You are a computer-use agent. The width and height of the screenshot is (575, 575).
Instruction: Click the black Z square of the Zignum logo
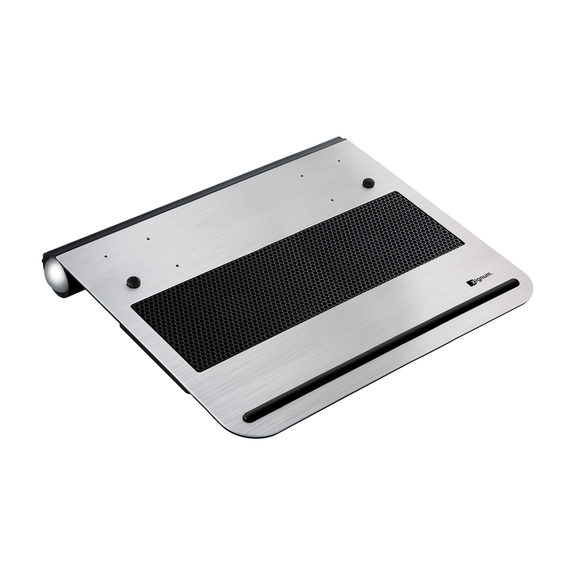pos(469,283)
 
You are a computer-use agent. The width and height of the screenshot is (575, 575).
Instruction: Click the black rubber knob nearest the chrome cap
pos(133,282)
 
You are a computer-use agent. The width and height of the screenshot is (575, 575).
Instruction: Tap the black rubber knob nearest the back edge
pos(368,182)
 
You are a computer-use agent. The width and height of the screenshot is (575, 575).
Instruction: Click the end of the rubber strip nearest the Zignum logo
pos(515,282)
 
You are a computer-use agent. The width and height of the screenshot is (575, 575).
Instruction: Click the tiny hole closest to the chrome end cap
pos(105,256)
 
